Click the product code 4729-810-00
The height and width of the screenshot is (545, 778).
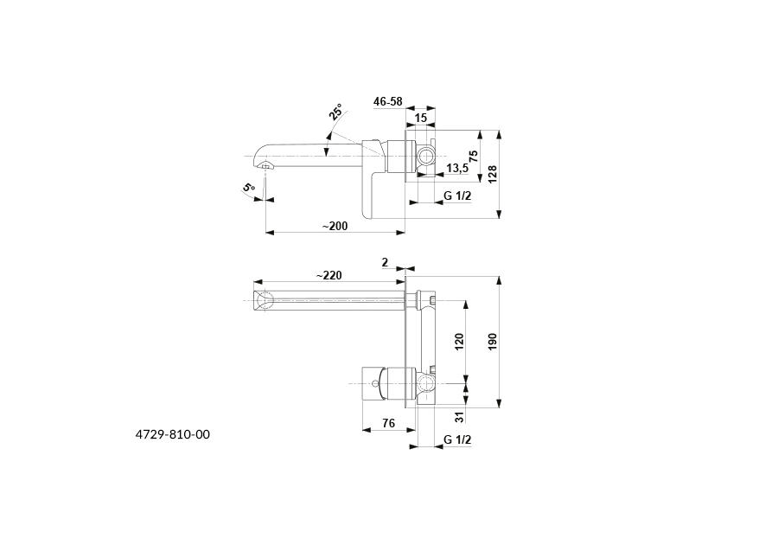(x=173, y=434)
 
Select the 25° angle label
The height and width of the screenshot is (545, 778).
(x=335, y=112)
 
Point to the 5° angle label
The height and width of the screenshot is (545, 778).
(x=249, y=188)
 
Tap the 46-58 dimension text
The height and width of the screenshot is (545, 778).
(x=388, y=101)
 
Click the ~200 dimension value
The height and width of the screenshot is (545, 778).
(x=335, y=226)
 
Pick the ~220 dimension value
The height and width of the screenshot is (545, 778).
(x=328, y=275)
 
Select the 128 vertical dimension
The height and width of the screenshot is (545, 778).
(x=492, y=174)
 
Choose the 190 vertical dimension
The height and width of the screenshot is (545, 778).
(x=492, y=341)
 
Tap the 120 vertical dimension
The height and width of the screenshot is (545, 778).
(x=459, y=341)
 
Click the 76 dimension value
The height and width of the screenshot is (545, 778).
(x=388, y=423)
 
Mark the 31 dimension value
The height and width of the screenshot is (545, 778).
(x=459, y=419)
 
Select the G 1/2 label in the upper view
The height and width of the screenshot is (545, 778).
(x=457, y=196)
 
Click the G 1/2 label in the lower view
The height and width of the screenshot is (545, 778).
(x=457, y=440)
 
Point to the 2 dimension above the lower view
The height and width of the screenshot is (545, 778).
(x=385, y=261)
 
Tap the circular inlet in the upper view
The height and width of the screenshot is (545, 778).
(x=425, y=156)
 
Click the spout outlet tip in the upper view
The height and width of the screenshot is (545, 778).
(x=265, y=164)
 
